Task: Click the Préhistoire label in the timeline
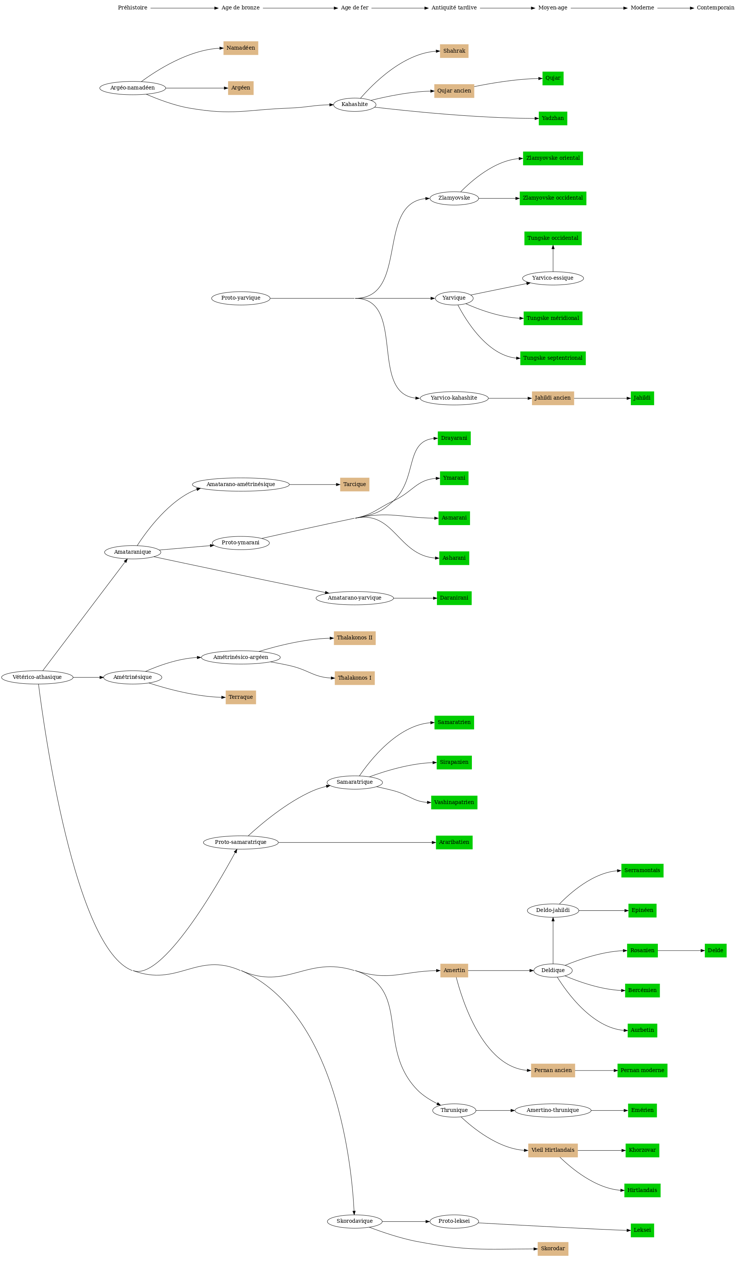point(132,8)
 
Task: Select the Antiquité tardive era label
point(454,8)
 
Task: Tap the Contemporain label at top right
point(715,8)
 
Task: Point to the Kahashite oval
point(354,104)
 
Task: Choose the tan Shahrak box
point(454,51)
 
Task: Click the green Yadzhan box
point(553,118)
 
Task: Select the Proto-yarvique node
point(240,298)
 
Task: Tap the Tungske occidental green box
point(553,238)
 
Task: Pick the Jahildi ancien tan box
point(553,398)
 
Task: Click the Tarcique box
point(354,484)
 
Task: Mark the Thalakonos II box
point(354,638)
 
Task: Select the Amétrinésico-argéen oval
point(240,657)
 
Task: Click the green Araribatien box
point(454,842)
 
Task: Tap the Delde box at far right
point(715,950)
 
